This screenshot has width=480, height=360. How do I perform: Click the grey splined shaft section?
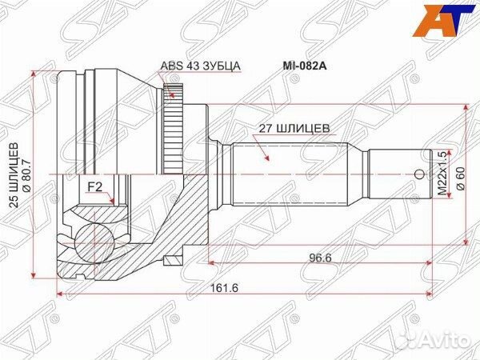(288, 172)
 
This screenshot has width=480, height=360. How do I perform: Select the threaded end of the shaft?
(400, 172)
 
